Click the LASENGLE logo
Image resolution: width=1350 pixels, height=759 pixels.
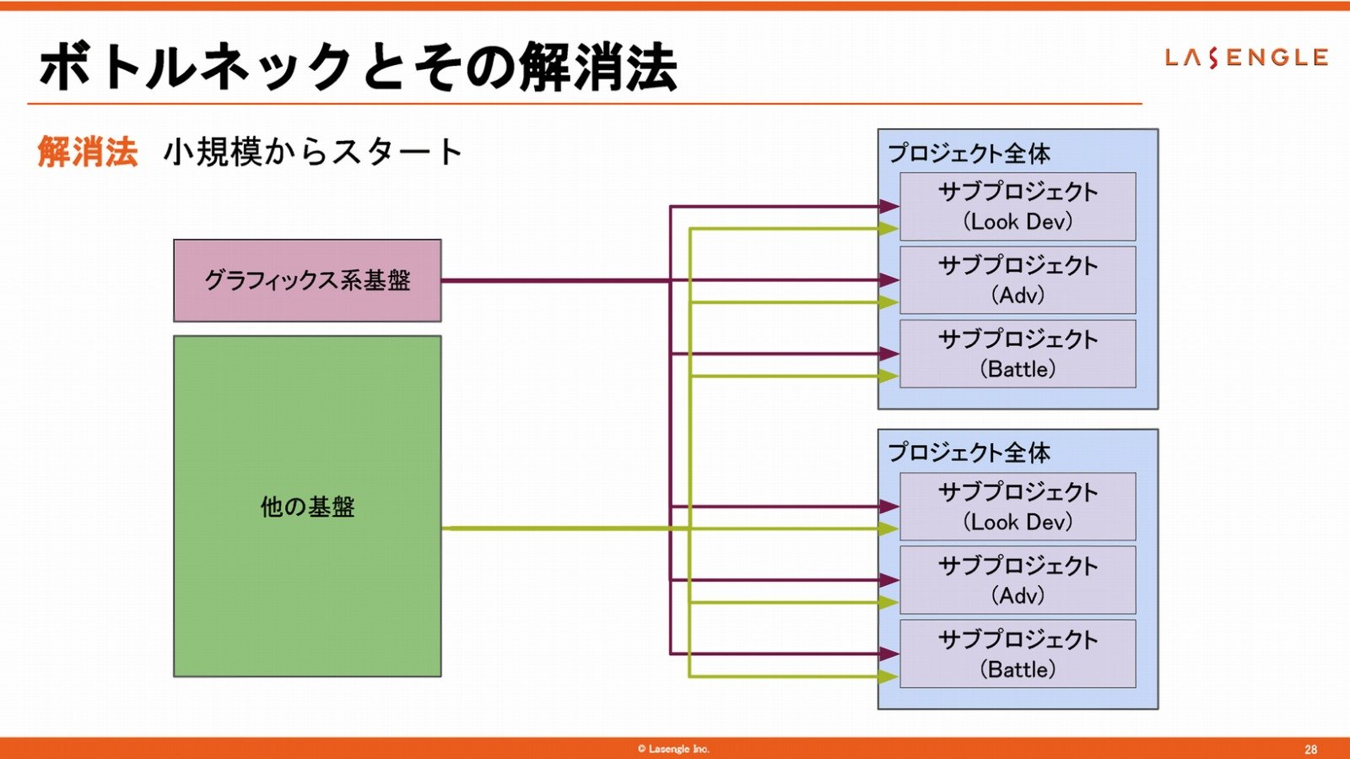click(1246, 58)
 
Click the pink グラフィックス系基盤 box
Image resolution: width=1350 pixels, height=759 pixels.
click(307, 280)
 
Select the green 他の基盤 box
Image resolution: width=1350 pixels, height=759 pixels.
click(307, 507)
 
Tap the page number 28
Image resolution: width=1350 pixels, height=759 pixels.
click(1311, 750)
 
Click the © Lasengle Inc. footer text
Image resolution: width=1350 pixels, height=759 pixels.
click(673, 749)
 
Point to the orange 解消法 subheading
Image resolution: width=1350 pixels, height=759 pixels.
click(88, 151)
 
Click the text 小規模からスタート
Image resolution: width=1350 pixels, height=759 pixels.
click(313, 151)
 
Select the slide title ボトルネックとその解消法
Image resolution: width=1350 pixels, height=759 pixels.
click(359, 67)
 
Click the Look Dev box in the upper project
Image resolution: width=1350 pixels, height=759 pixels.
click(1018, 207)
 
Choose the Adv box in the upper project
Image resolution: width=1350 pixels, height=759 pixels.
click(1018, 280)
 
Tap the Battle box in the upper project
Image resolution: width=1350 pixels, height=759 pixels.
click(1018, 354)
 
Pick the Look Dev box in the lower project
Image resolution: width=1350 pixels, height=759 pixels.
click(1018, 507)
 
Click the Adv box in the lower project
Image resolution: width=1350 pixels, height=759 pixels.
click(1018, 580)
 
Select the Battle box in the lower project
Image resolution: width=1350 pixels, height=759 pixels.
click(1018, 653)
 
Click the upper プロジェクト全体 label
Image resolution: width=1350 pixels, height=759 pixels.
click(969, 153)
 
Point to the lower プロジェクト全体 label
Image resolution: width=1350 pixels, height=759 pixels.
click(969, 453)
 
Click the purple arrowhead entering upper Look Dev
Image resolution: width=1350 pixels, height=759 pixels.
click(889, 207)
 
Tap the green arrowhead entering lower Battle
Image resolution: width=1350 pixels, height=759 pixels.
click(889, 676)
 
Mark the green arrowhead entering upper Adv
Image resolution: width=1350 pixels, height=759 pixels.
click(889, 302)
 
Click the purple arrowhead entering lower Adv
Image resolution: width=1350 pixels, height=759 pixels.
click(889, 580)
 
